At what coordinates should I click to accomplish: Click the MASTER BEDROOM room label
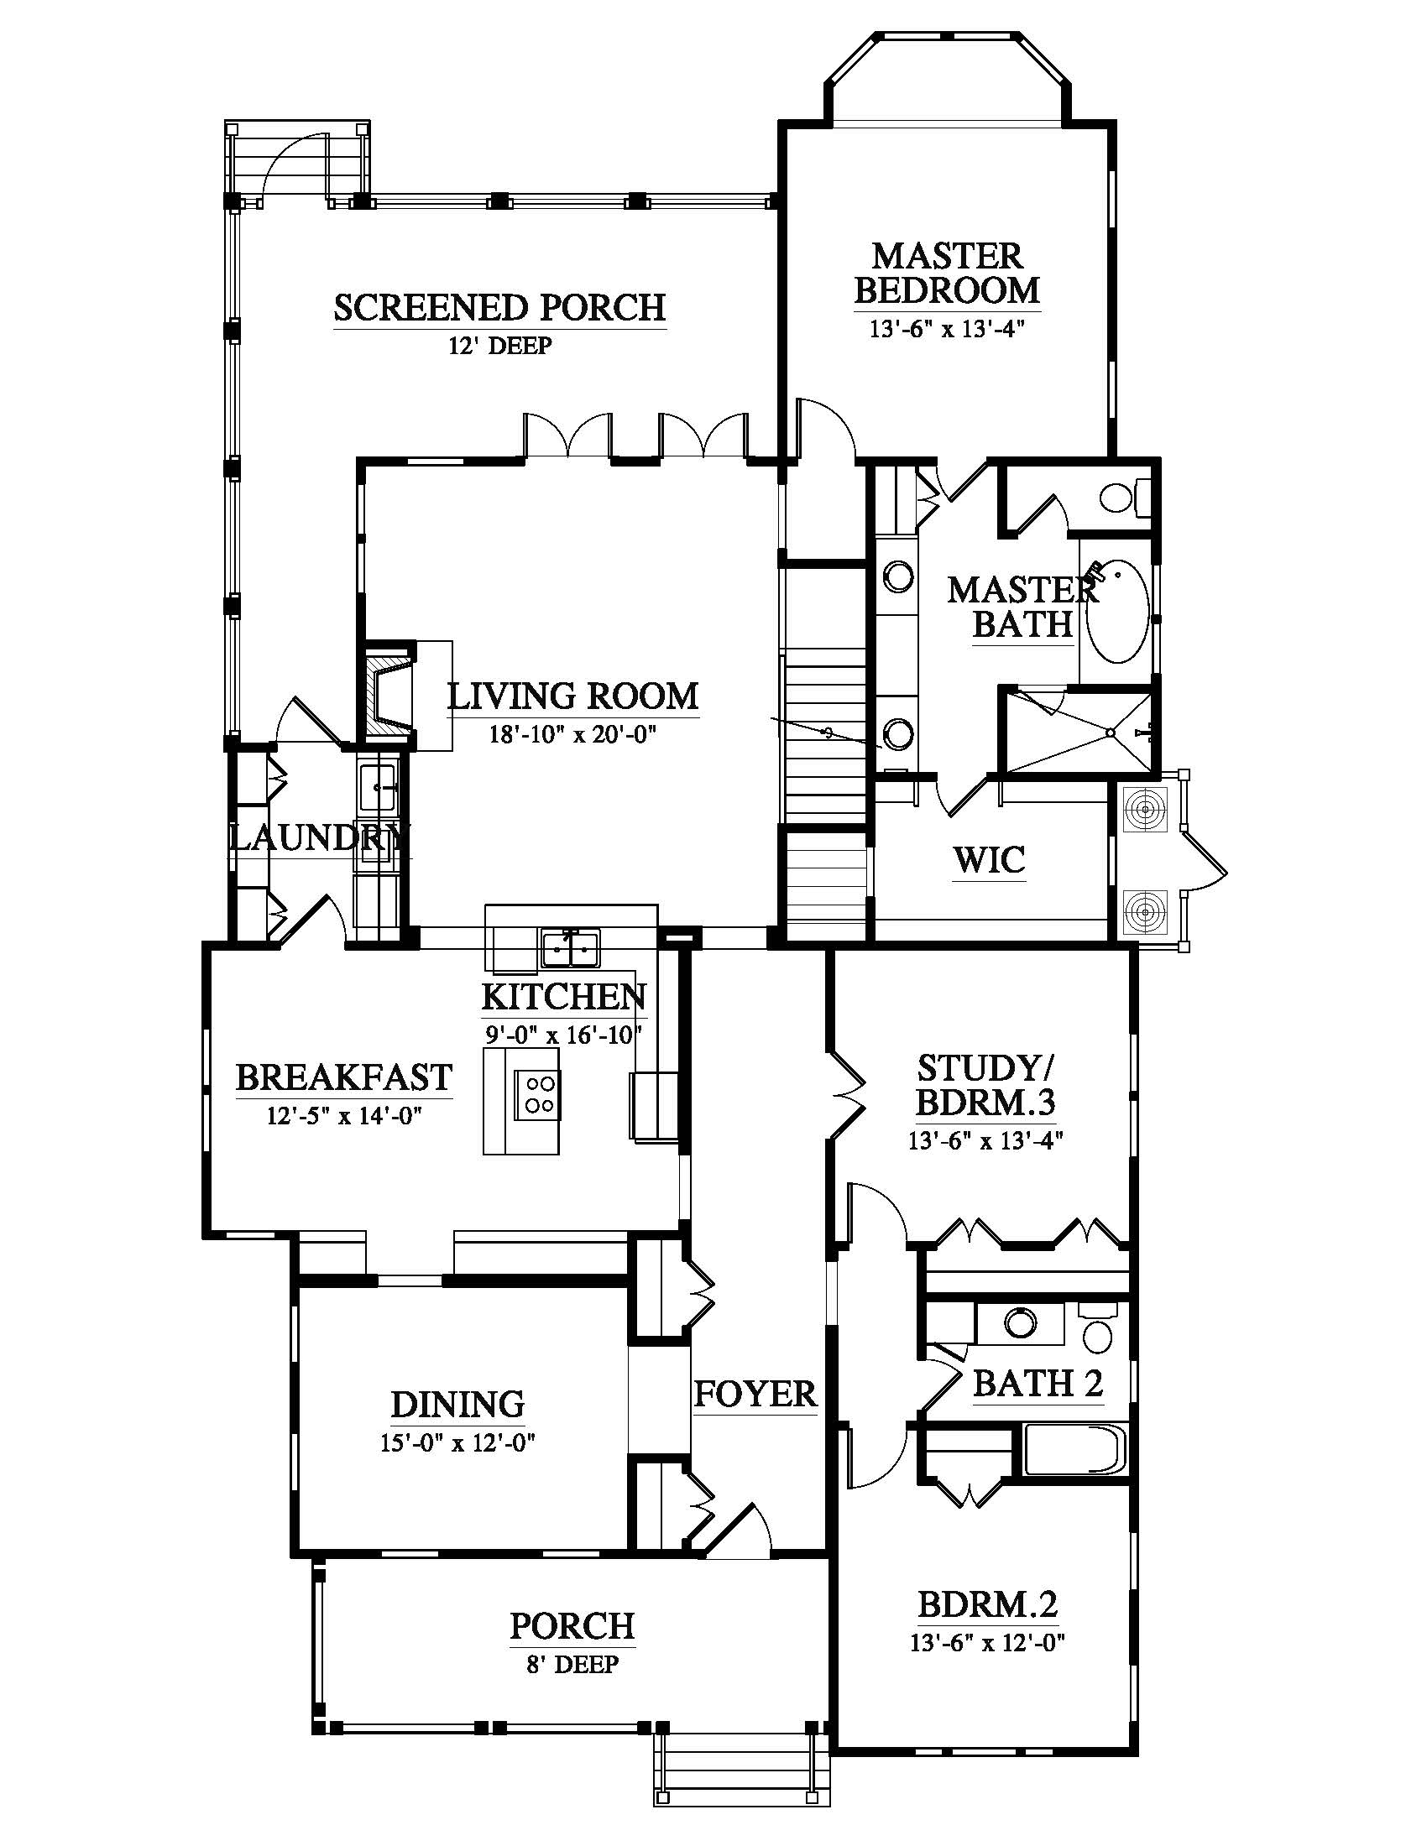(947, 272)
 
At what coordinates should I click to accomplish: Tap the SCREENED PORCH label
(499, 308)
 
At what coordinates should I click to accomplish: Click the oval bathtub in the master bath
(1117, 612)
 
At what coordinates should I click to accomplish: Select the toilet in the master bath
(1125, 496)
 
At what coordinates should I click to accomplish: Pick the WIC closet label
(989, 860)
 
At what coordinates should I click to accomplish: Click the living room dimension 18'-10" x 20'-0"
(573, 734)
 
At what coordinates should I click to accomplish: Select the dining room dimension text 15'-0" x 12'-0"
(459, 1441)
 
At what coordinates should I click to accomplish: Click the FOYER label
(755, 1394)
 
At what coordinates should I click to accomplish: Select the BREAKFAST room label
(344, 1077)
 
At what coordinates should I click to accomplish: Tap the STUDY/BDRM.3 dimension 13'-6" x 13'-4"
(985, 1140)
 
